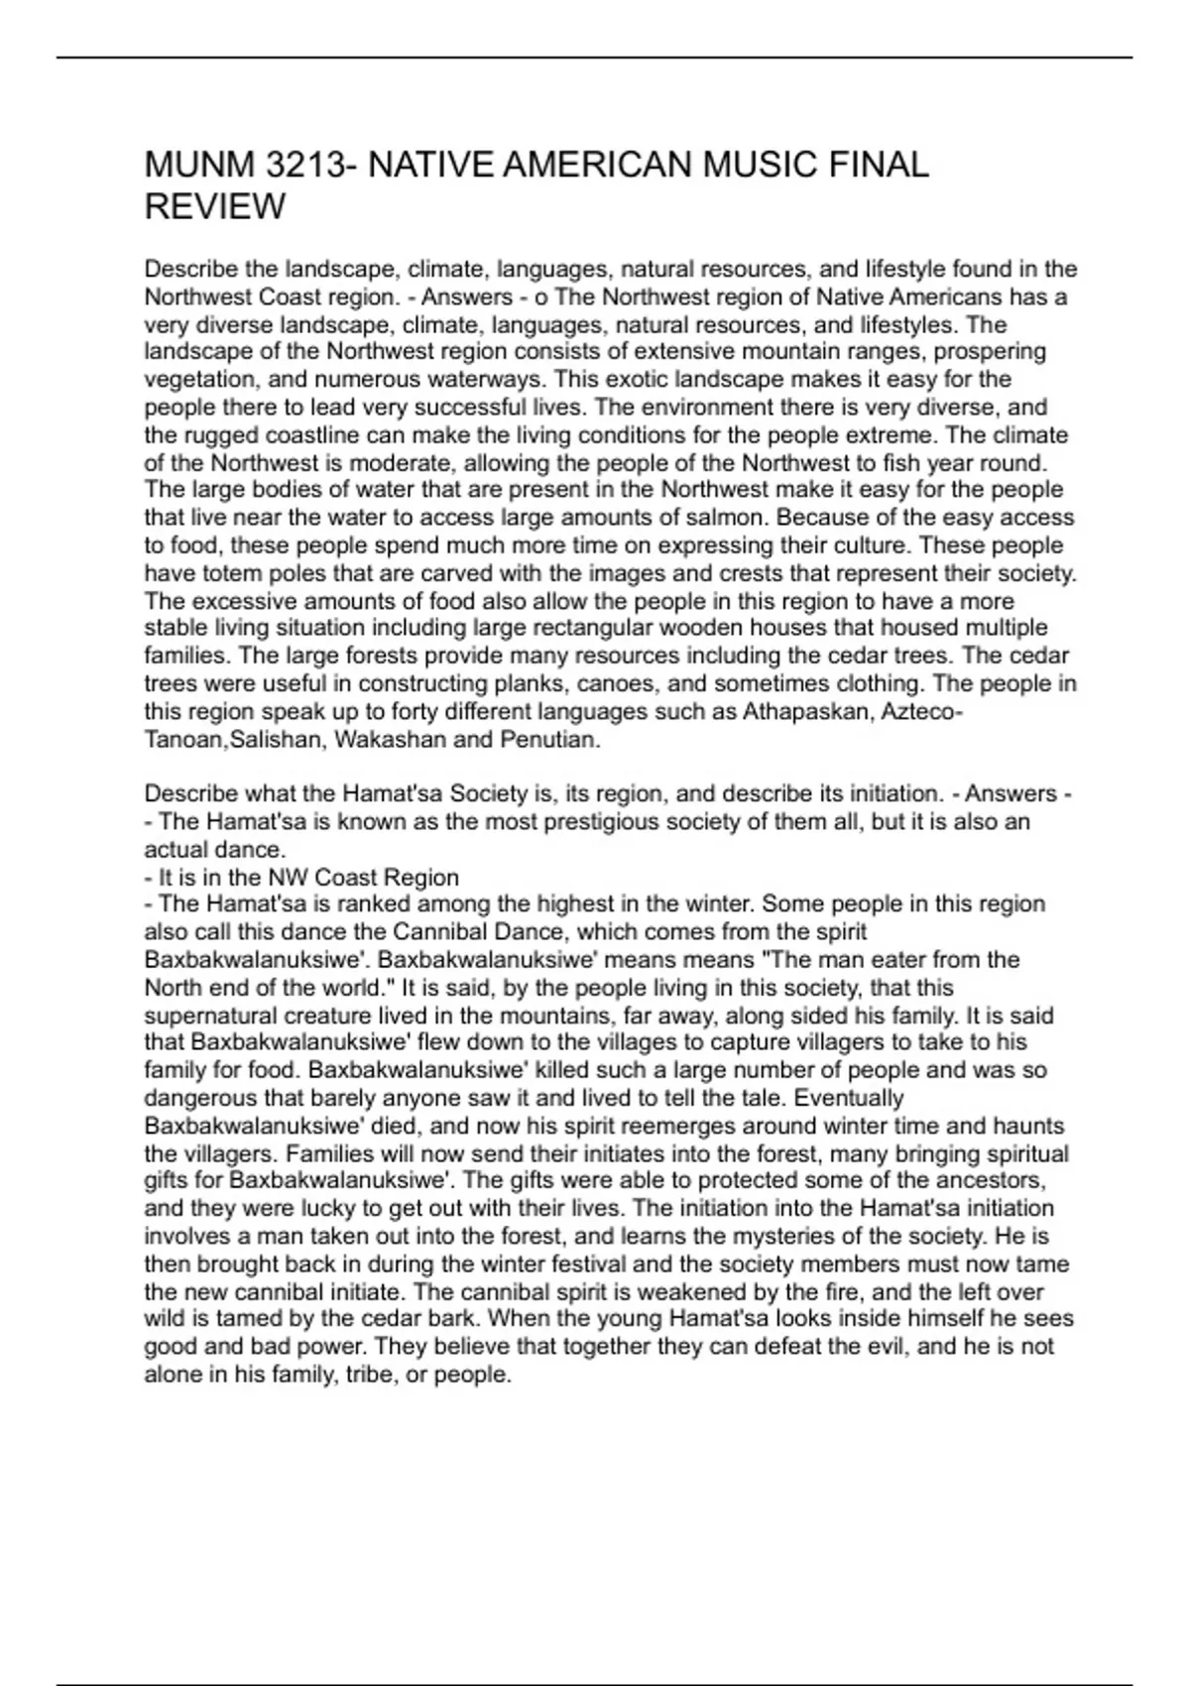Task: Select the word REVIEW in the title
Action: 215,207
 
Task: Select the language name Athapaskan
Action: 804,712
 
